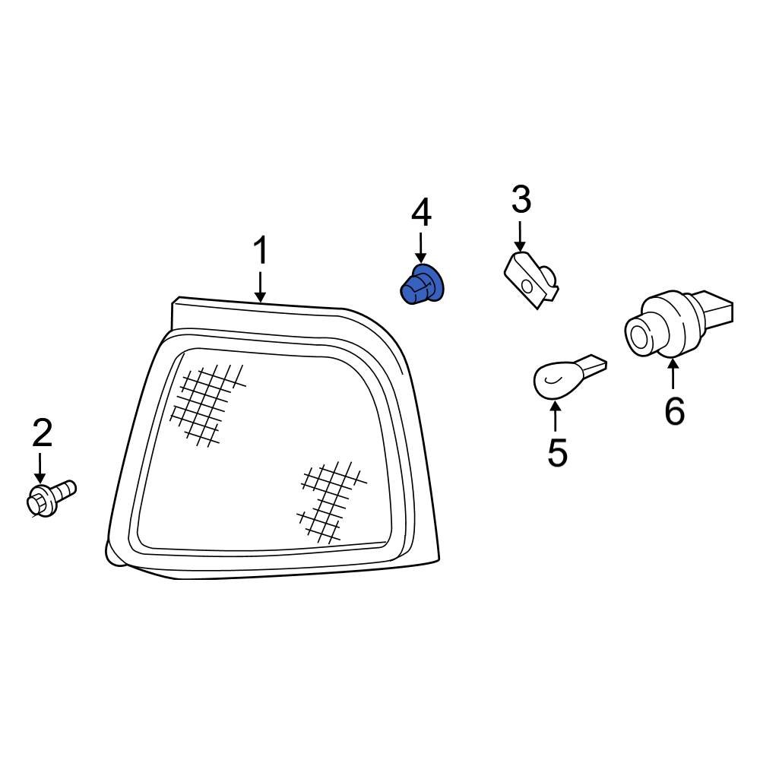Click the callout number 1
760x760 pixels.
[x=261, y=251]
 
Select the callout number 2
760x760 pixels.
[x=42, y=433]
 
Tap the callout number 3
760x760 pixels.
[x=521, y=199]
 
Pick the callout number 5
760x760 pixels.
[x=557, y=452]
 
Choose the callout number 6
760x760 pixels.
[x=674, y=411]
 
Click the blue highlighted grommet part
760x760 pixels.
[x=422, y=286]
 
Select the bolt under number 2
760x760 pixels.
[x=50, y=497]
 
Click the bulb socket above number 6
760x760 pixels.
[x=679, y=323]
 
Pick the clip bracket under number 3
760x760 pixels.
[x=532, y=280]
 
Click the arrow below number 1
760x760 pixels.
[x=261, y=287]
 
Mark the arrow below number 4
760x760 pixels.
[x=421, y=249]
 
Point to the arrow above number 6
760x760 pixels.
[x=673, y=372]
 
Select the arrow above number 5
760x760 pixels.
[x=556, y=416]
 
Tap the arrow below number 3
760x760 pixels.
[x=520, y=236]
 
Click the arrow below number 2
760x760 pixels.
[x=40, y=468]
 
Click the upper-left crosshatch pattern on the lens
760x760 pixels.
[x=207, y=404]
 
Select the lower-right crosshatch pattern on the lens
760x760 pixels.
[x=331, y=501]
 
